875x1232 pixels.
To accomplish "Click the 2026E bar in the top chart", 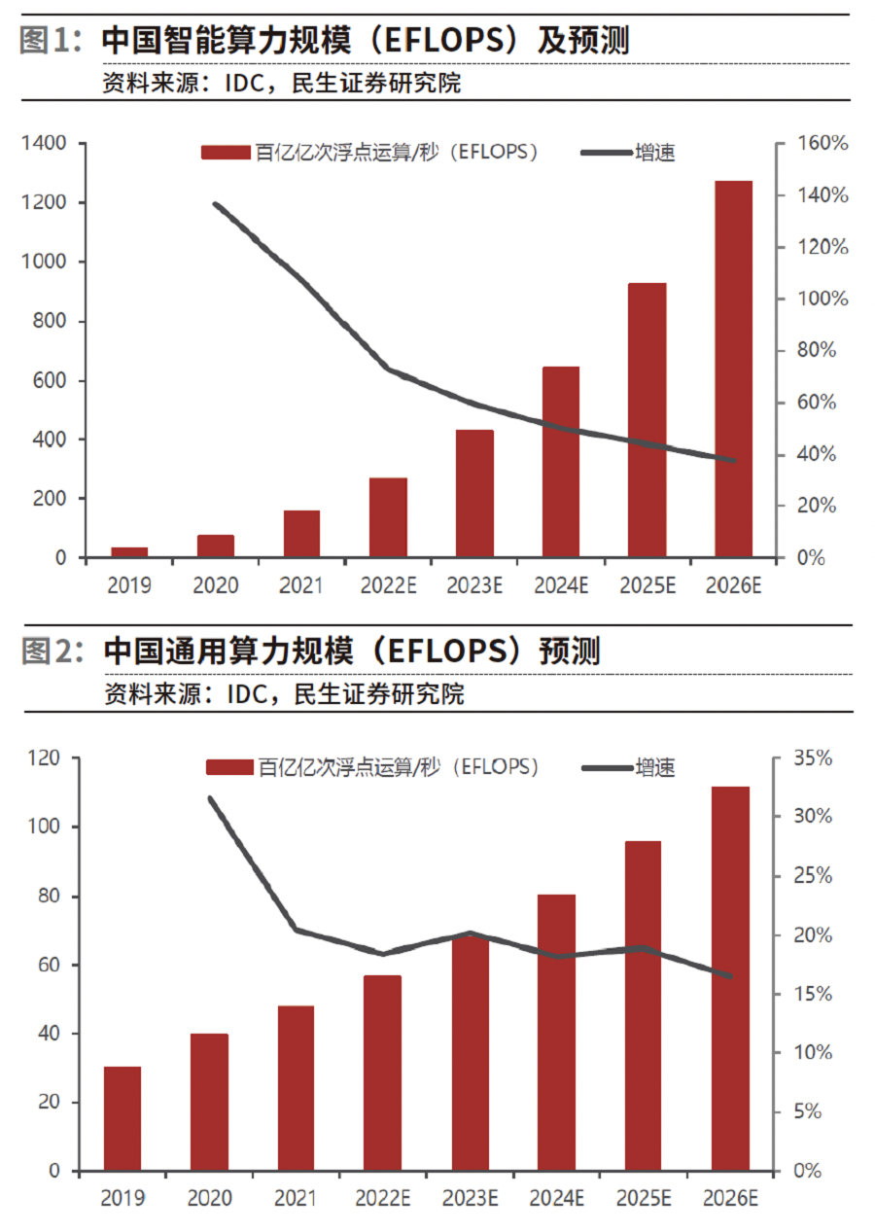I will (x=733, y=370).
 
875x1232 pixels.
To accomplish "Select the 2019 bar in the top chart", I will (x=129, y=552).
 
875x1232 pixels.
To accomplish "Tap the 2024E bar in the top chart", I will (x=560, y=462).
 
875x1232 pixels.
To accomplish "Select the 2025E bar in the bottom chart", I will (x=643, y=1005).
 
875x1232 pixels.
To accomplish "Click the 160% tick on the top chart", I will (x=823, y=144).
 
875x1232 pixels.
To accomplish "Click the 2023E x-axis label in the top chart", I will (x=473, y=585).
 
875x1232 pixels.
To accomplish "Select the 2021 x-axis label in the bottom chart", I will (x=297, y=1198).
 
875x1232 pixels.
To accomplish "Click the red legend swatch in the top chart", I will (x=226, y=153).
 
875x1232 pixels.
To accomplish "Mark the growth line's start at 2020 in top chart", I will (x=215, y=204).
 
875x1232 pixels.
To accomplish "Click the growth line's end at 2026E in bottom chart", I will (x=730, y=975).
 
